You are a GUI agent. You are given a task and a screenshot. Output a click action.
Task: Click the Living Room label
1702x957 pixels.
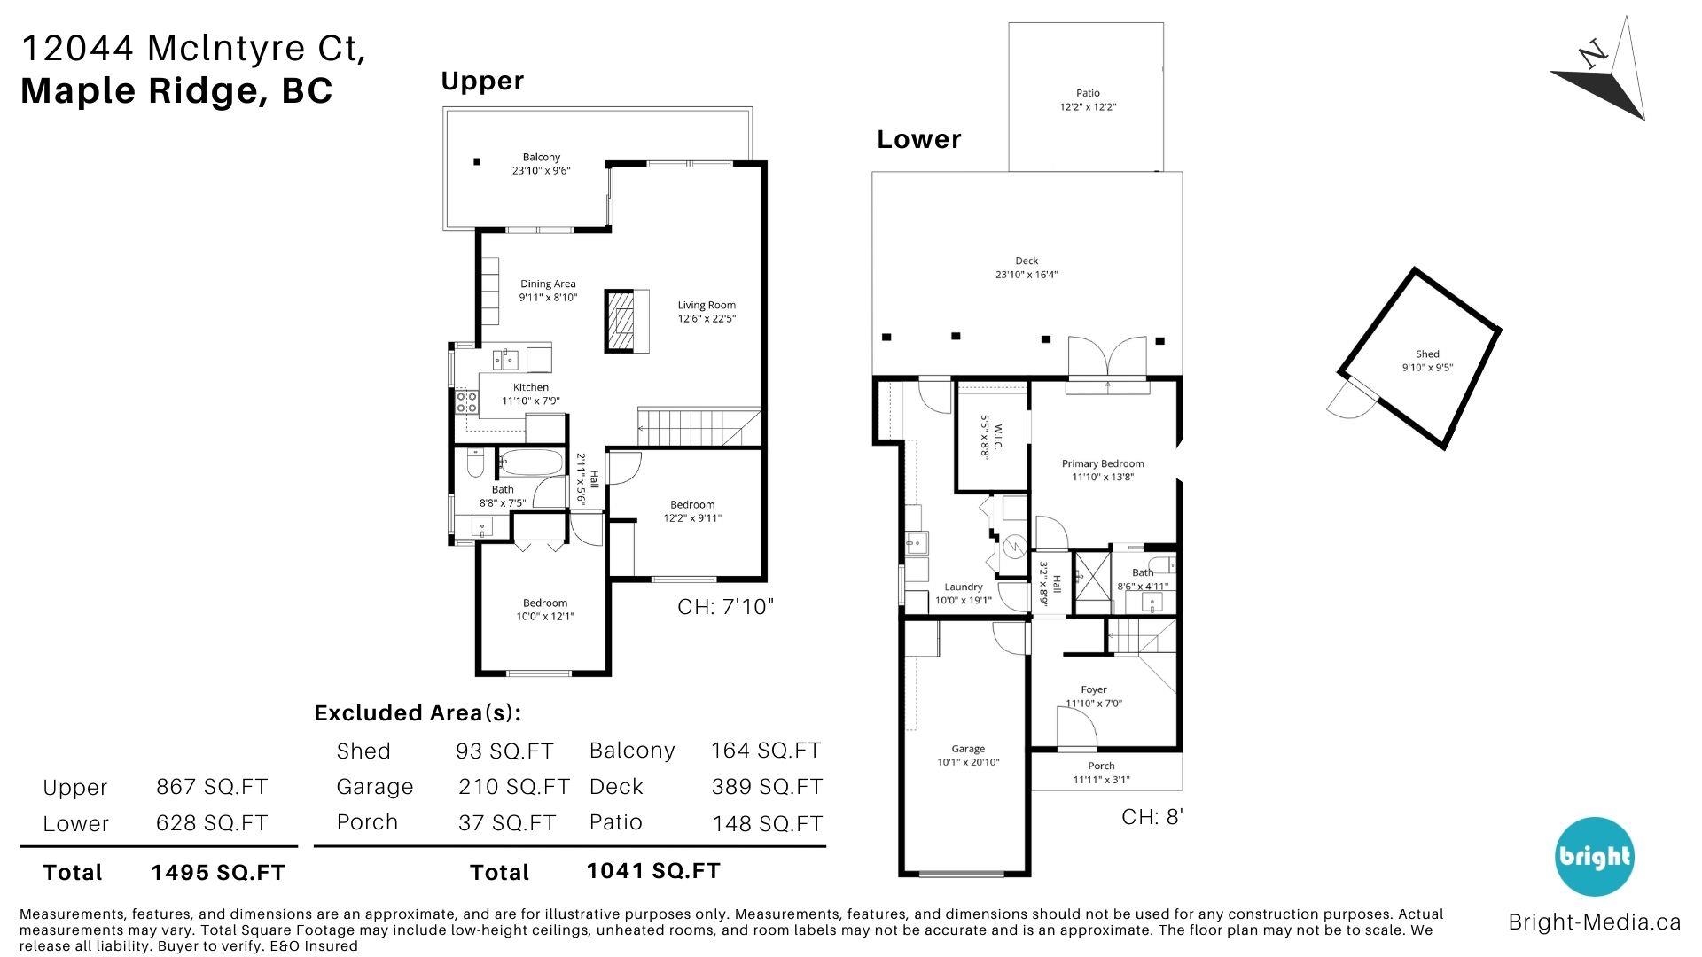(x=707, y=306)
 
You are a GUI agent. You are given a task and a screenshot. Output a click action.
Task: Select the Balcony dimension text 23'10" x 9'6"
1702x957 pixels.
(x=541, y=170)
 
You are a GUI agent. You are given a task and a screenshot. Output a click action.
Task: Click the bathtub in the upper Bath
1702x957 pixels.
(x=530, y=463)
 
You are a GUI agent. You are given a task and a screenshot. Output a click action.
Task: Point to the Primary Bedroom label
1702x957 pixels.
(x=1103, y=463)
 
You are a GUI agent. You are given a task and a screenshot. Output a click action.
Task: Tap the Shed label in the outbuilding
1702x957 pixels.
(x=1427, y=354)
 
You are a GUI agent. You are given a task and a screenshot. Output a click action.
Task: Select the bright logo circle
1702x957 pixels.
(x=1594, y=857)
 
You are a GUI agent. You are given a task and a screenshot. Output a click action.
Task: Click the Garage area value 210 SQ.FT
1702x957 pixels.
(x=514, y=787)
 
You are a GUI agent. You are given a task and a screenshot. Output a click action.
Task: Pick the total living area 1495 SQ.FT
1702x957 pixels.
(x=218, y=873)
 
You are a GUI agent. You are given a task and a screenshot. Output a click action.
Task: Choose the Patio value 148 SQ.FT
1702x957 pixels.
(x=768, y=824)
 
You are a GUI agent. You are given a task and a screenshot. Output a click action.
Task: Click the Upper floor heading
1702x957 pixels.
(x=482, y=82)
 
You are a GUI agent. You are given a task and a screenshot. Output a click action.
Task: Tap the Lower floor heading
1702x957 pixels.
(x=919, y=139)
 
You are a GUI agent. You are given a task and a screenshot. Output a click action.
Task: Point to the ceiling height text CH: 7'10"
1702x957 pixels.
(x=726, y=607)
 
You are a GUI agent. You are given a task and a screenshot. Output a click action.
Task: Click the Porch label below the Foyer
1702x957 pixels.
(x=1101, y=766)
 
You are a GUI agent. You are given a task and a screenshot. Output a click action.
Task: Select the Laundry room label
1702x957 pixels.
(x=964, y=587)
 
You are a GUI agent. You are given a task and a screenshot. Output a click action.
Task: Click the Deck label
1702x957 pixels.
(x=1027, y=261)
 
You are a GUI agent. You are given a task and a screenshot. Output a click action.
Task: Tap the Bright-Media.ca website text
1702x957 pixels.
(x=1595, y=922)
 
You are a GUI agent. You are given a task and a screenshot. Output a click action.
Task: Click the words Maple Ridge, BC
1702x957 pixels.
(x=177, y=91)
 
